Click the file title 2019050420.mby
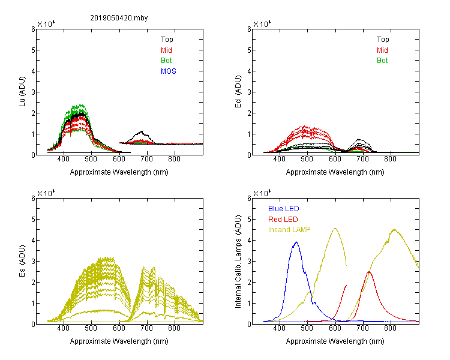pos(119,18)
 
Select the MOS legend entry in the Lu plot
pos(169,71)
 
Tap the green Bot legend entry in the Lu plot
pos(166,61)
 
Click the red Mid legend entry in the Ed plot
pos(382,50)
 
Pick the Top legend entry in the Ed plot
pos(383,40)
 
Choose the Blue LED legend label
pos(284,209)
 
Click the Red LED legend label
pos(283,220)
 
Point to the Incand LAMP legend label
pos(289,230)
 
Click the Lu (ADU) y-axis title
pos(22,92)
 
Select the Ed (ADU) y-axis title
pos(238,92)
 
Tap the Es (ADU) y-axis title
pos(22,261)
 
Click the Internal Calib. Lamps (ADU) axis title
pos(238,262)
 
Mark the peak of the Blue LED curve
pos(296,242)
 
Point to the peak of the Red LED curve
pos(369,272)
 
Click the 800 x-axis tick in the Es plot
pos(174,328)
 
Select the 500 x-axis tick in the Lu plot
pos(91,159)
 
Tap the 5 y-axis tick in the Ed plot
pos(249,50)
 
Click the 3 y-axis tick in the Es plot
pos(33,261)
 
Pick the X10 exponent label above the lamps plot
pos(262,193)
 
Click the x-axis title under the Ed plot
pos(335,172)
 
